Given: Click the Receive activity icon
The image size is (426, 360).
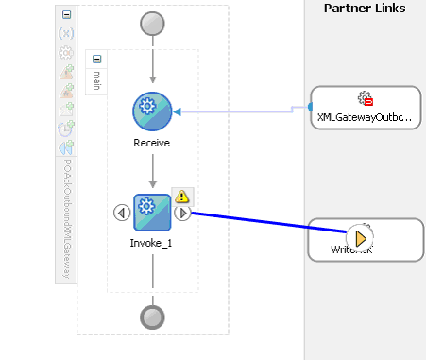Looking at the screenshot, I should coord(152,111).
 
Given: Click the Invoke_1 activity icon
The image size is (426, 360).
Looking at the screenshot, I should coord(152,213).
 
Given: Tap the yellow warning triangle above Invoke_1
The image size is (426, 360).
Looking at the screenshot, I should coord(182,197).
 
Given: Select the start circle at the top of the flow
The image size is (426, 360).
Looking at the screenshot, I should coord(152,24).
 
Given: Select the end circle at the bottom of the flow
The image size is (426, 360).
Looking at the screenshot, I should coord(152,317).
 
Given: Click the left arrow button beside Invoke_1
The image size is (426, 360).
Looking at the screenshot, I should coord(122,213).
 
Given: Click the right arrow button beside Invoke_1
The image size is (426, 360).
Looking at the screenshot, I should coord(183,213).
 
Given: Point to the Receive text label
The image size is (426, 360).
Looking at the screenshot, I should coord(152,143).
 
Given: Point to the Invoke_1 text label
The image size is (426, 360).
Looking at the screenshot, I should coord(152,243).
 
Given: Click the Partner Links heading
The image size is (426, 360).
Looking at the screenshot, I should coord(365,9).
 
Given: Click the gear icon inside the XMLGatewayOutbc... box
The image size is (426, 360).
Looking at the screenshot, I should coord(366,98).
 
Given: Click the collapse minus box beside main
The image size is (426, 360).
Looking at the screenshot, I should coord(97,59).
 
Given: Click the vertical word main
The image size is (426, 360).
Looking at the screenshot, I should coord(97,79).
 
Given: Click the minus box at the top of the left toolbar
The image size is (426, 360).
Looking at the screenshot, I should coord(66,15).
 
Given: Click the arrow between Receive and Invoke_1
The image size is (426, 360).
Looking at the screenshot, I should coord(152,168).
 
